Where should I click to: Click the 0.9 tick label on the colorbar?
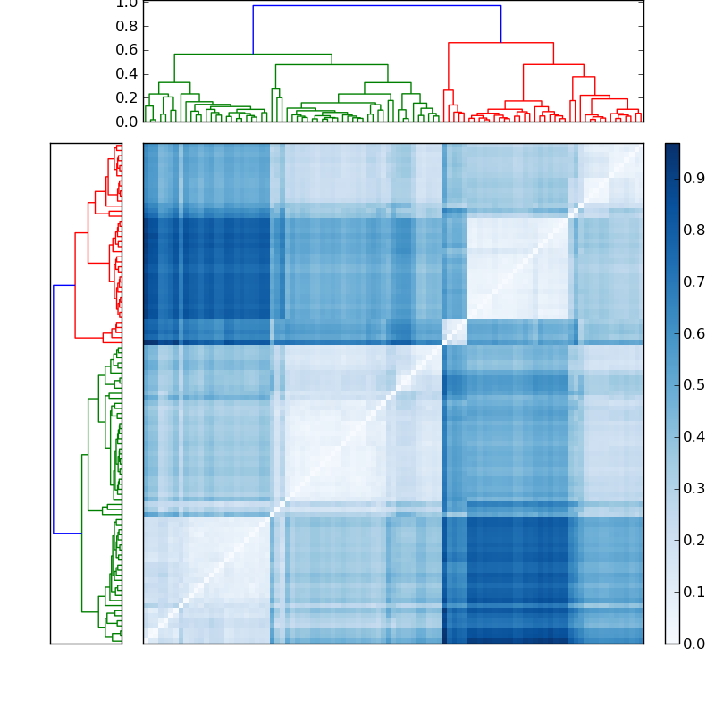click(694, 179)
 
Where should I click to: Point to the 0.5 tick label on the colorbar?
click(694, 385)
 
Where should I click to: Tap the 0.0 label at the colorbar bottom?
click(694, 643)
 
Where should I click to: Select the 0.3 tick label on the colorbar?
click(694, 488)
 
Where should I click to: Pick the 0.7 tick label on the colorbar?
click(694, 282)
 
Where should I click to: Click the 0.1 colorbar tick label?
click(694, 592)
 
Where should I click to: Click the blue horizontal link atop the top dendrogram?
click(375, 6)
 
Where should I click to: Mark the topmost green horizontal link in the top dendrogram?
click(253, 55)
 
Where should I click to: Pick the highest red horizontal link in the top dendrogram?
click(500, 43)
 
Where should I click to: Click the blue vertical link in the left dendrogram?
click(54, 408)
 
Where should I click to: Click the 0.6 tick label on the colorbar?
click(694, 333)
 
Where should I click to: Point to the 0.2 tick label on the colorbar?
click(694, 540)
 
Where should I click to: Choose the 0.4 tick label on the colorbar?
click(694, 437)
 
